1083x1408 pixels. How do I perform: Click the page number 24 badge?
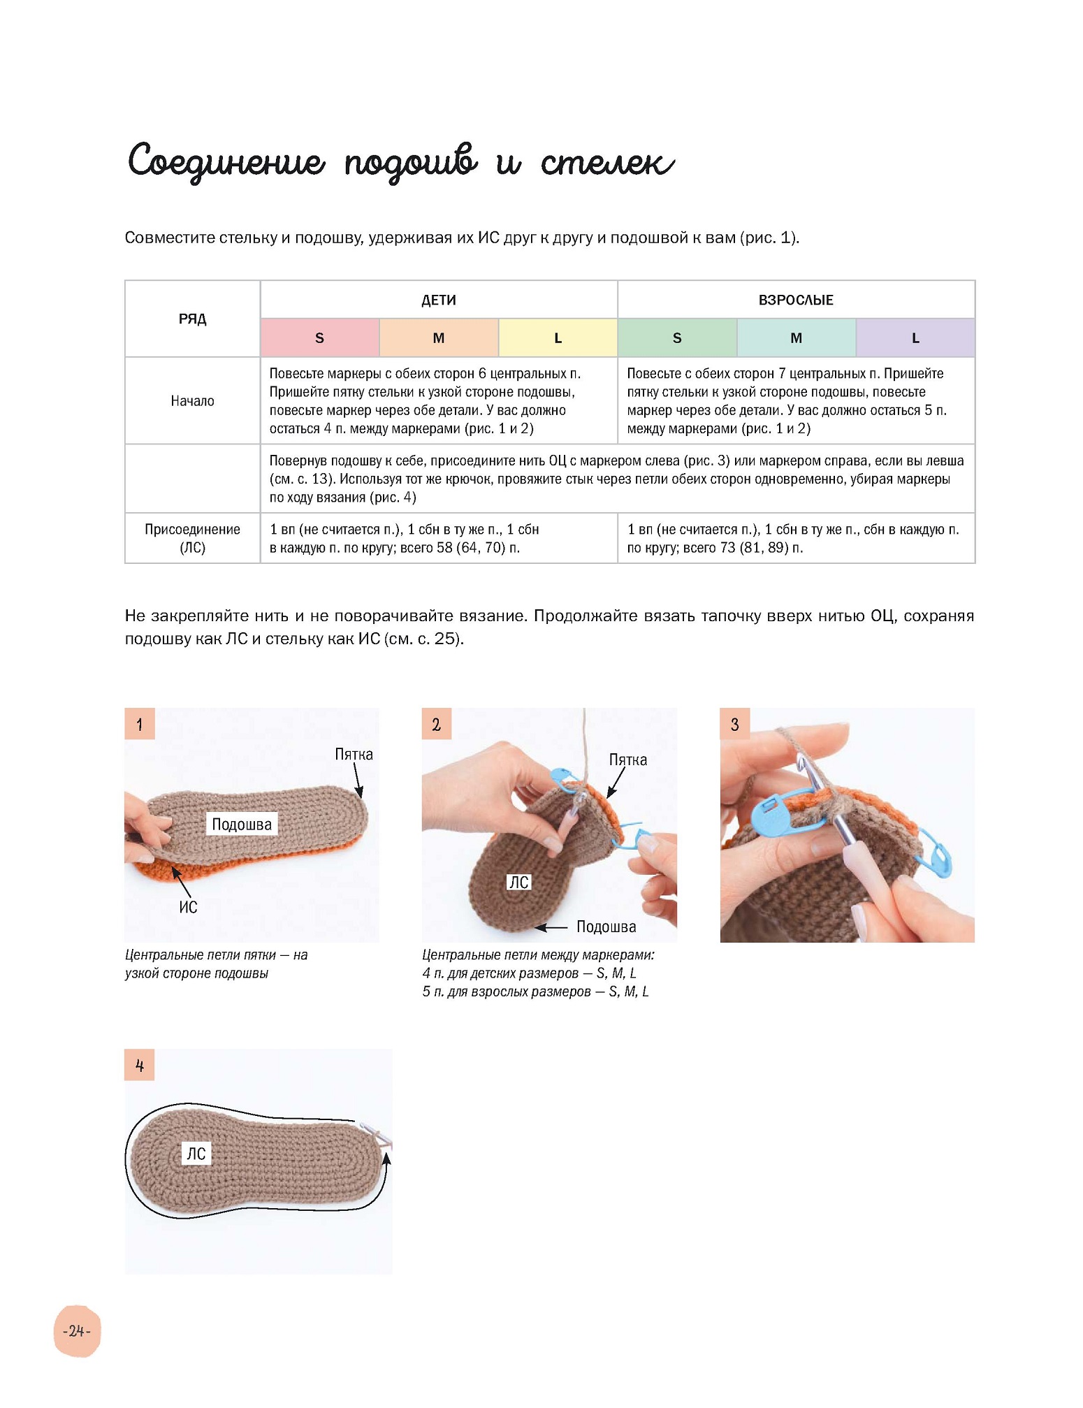pos(77,1330)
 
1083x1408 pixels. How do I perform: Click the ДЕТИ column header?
pos(439,300)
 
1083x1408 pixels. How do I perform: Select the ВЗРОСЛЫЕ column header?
pos(796,300)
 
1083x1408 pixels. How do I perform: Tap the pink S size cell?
pos(320,338)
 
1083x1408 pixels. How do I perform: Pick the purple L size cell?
pos(915,338)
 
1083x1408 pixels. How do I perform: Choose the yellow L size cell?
pos(558,338)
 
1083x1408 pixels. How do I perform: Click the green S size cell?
pos(677,338)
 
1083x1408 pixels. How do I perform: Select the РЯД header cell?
pos(192,319)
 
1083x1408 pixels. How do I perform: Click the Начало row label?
pos(192,401)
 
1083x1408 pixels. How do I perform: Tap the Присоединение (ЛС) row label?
pos(192,538)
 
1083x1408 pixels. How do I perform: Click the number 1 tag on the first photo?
pos(140,724)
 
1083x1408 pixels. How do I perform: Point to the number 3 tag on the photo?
pos(734,724)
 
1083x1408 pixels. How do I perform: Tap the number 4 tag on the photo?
pos(140,1065)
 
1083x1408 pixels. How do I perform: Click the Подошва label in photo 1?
pos(242,824)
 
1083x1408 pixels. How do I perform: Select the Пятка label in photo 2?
pos(627,760)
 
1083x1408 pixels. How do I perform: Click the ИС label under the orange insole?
pos(188,907)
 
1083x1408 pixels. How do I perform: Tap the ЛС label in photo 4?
pos(196,1153)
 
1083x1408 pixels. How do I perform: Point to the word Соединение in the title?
pos(226,162)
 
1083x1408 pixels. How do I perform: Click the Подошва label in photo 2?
pos(606,927)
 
